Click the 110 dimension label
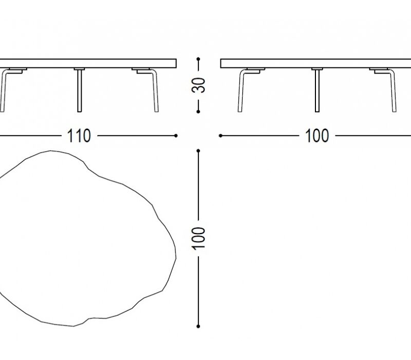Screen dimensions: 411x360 click(x=79, y=136)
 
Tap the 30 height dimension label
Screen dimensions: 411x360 click(x=198, y=85)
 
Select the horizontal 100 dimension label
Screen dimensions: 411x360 click(x=317, y=136)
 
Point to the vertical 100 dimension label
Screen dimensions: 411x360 click(x=198, y=239)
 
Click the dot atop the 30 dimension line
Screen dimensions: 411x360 click(x=198, y=59)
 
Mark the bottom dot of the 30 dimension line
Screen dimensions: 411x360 click(x=198, y=112)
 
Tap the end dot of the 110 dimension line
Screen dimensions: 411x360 click(x=176, y=136)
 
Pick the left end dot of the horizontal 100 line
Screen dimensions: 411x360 click(x=221, y=136)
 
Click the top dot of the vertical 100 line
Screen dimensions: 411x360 click(x=198, y=151)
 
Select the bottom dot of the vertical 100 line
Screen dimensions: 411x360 click(x=198, y=327)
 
